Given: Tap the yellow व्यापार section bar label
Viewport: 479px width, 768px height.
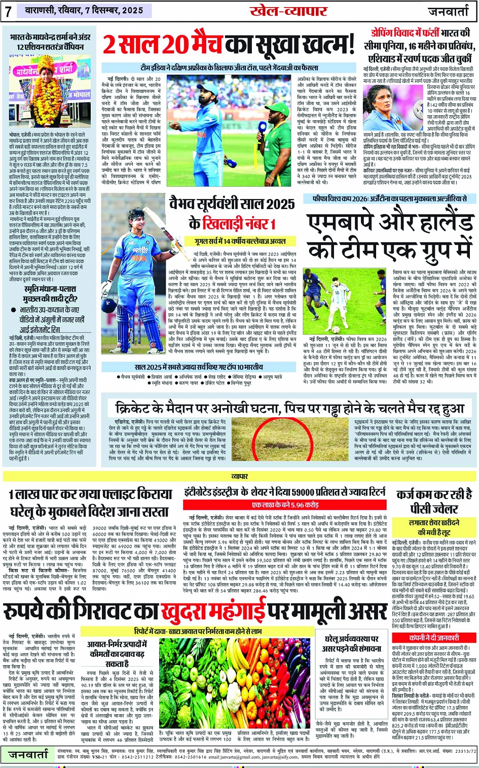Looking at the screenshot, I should [239, 477].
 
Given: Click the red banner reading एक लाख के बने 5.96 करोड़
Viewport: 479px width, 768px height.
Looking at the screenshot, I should [285, 505].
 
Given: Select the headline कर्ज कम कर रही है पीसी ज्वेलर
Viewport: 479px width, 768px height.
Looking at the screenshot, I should [433, 500].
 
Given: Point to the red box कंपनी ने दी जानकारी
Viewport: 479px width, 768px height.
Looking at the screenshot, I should [433, 638].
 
